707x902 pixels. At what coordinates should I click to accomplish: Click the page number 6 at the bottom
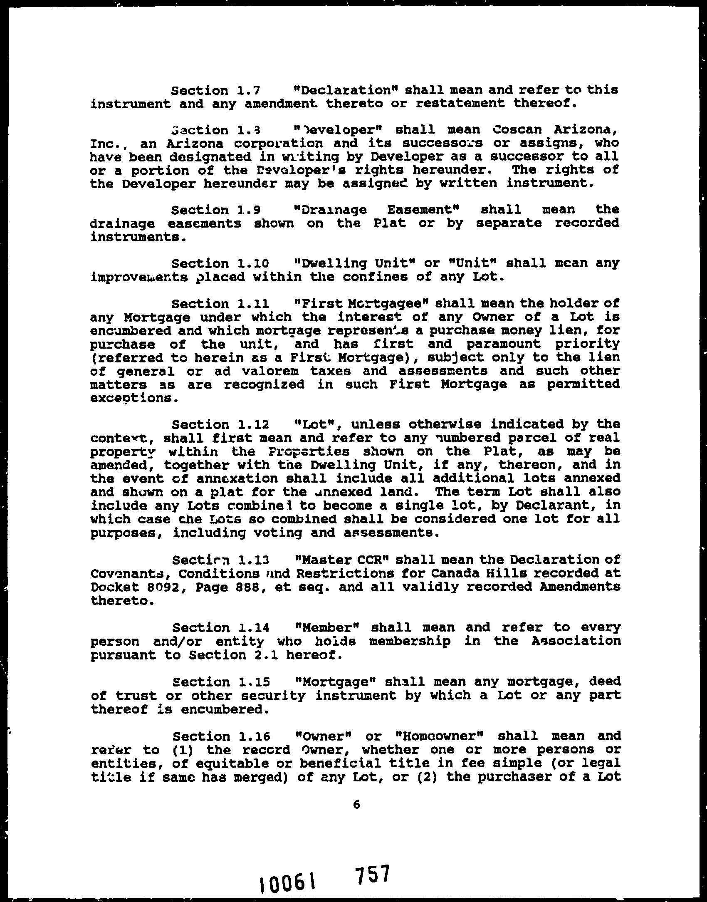(356, 816)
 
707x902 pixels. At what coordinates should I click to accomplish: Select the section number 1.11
(254, 304)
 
